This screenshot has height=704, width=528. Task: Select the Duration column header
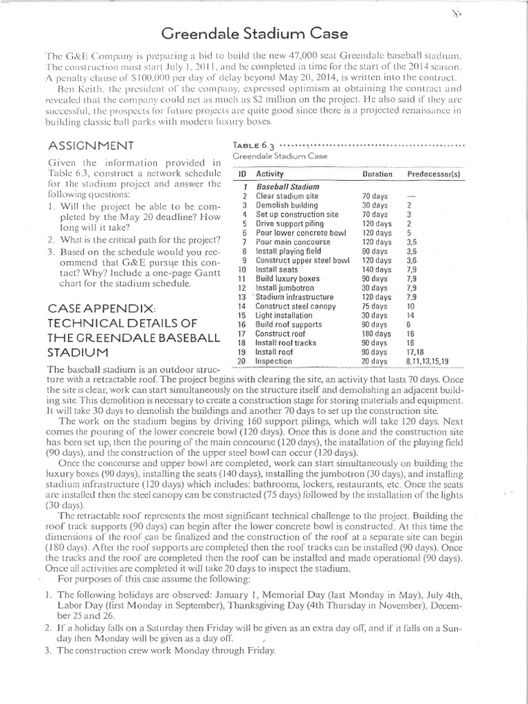coord(377,175)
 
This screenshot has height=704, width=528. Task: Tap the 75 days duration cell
coord(375,307)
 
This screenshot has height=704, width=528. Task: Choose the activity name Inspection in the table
coord(274,361)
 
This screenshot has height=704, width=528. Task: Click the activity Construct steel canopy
coord(296,307)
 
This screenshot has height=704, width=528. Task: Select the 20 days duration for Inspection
coord(375,361)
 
